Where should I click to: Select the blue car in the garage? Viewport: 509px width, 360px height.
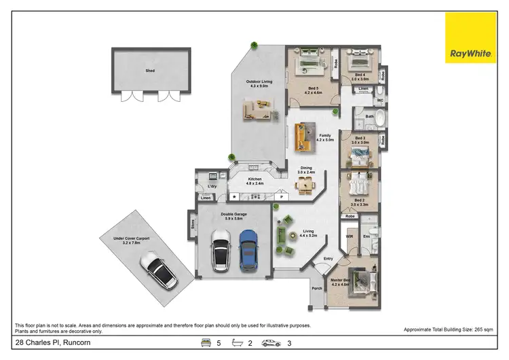pos(249,249)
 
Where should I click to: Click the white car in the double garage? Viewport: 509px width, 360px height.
pos(221,250)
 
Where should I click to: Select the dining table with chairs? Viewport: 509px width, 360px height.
pos(309,183)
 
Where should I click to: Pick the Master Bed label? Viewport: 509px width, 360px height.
pos(340,282)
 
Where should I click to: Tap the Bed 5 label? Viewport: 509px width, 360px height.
pos(313,90)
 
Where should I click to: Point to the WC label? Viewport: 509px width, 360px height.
pos(380,101)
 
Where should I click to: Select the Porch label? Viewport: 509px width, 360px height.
pos(317,288)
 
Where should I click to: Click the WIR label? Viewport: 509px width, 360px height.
pos(350,237)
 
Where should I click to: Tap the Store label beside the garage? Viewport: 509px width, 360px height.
pos(193,223)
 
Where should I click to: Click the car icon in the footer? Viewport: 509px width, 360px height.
pos(271,343)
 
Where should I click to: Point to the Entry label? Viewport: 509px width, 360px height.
pos(328,259)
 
